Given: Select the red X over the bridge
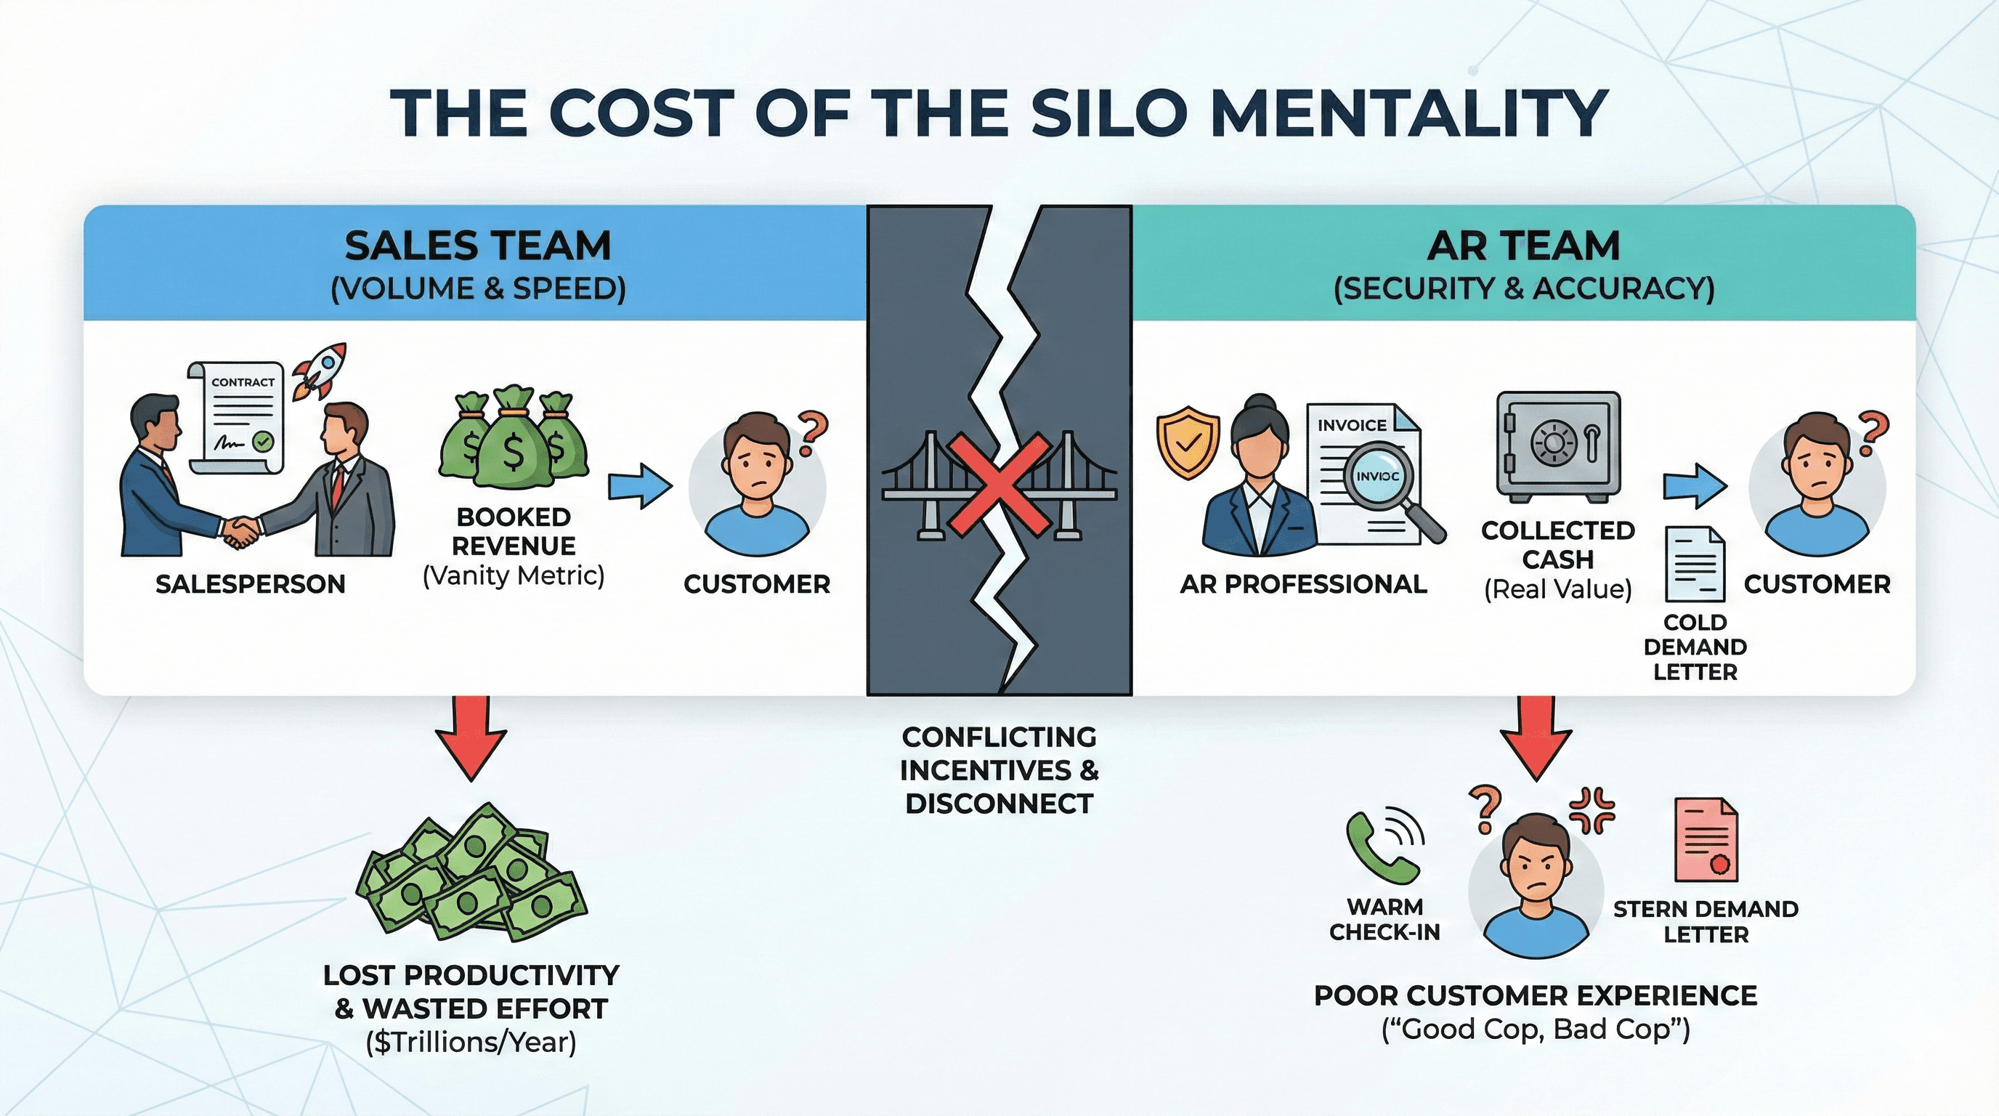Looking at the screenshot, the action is [999, 485].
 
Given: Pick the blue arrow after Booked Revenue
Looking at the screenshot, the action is [639, 486].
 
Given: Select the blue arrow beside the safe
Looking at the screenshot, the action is [1694, 487].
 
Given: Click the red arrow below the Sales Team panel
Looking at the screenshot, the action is [471, 737].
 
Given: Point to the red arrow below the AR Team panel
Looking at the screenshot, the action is [1535, 737].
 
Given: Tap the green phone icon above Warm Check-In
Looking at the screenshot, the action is [1383, 847].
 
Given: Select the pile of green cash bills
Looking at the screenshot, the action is [471, 870].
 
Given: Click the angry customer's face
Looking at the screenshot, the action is [1534, 873].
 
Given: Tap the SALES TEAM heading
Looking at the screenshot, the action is [478, 247].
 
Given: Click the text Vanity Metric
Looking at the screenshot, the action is [513, 577].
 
